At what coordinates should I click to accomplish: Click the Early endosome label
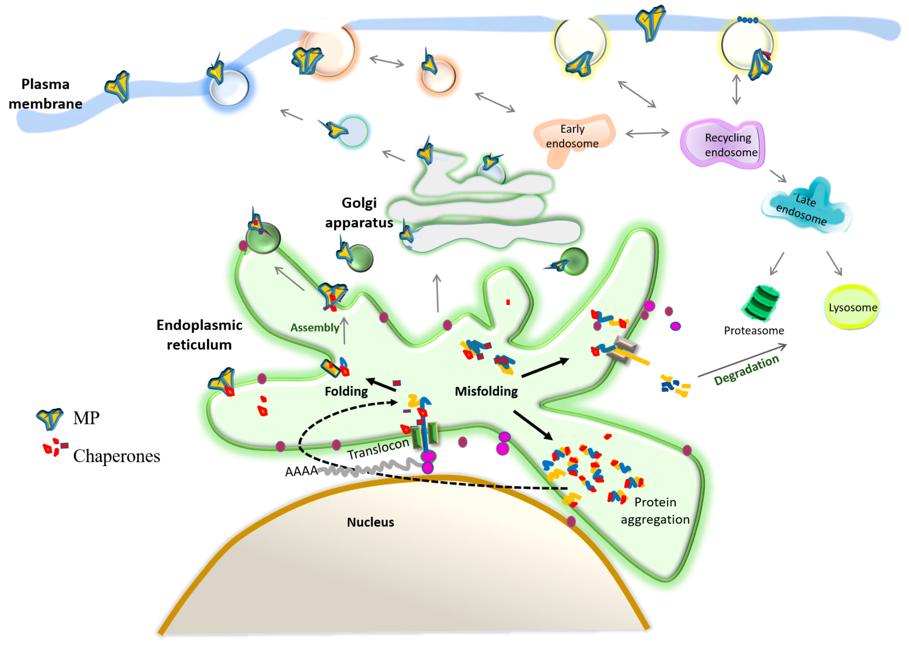[x=572, y=136]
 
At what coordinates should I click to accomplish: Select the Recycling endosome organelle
[x=722, y=145]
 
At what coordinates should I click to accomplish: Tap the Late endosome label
[x=803, y=209]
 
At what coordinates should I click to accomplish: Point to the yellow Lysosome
[x=852, y=307]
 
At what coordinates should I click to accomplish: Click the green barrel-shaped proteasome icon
[x=761, y=303]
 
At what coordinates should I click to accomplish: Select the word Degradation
[x=746, y=370]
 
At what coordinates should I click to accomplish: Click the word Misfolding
[x=486, y=392]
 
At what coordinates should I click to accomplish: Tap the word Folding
[x=346, y=392]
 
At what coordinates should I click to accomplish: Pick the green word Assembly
[x=315, y=328]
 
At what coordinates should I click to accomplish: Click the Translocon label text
[x=378, y=449]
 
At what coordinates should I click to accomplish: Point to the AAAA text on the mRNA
[x=301, y=471]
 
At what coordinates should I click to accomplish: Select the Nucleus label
[x=370, y=522]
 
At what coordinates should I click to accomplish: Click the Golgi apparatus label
[x=359, y=212]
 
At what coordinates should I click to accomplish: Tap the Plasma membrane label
[x=45, y=94]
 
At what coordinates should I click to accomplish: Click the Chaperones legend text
[x=117, y=456]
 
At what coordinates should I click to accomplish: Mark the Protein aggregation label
[x=655, y=511]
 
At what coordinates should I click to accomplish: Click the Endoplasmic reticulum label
[x=199, y=335]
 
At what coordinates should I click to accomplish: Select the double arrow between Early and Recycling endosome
[x=647, y=133]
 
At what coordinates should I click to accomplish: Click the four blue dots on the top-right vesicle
[x=747, y=20]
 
